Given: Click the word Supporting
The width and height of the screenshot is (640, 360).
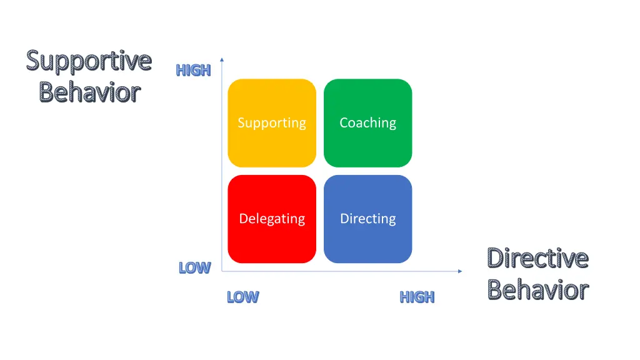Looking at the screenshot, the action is (272, 123).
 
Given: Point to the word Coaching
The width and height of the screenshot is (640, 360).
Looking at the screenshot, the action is (367, 123).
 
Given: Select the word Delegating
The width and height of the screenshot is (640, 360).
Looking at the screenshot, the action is (272, 219).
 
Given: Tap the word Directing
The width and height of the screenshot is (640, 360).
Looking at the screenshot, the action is (367, 219).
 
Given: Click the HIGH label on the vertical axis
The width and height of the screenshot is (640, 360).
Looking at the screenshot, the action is (193, 71).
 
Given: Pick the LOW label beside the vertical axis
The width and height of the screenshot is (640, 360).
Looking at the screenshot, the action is (194, 268).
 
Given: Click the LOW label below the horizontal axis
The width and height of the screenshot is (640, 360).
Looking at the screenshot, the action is (242, 297).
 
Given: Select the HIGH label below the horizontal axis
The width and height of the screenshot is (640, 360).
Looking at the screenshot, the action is (417, 297).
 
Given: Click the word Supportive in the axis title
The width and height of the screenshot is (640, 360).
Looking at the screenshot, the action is (89, 61).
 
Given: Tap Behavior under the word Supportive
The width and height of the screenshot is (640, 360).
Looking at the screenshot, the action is (89, 92).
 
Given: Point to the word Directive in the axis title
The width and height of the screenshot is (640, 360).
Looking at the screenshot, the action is (537, 257).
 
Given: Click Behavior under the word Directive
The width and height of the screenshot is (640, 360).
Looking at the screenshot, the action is (537, 290).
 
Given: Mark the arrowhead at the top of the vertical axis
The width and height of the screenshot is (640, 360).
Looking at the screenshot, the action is (222, 60).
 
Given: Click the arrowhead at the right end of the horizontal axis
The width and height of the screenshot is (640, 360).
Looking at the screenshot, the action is (460, 271).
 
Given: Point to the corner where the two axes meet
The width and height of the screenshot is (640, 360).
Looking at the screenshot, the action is (222, 271).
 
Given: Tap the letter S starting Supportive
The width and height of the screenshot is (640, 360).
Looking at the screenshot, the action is (33, 61).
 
